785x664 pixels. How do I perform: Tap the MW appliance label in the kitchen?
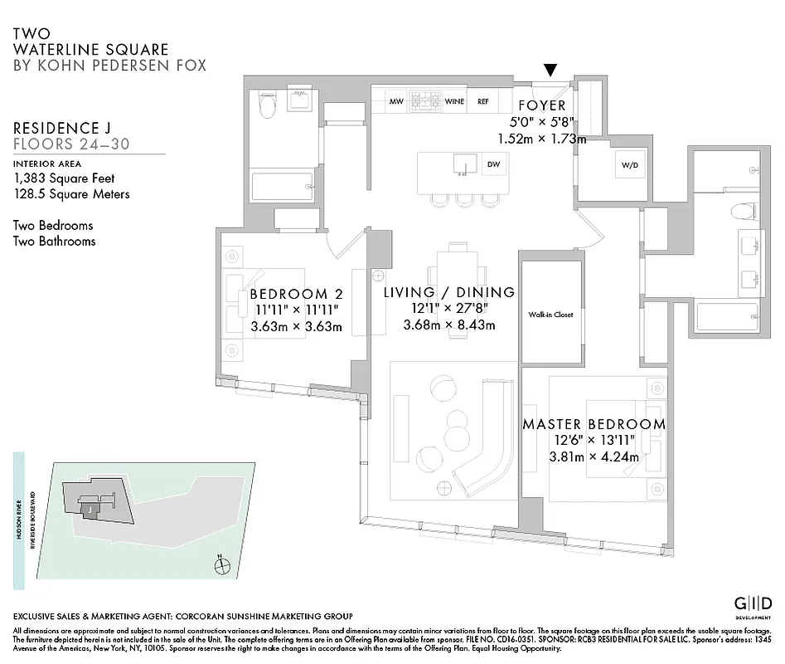395,101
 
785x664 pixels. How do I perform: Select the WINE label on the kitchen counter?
454,101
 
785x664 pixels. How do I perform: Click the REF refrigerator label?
482,101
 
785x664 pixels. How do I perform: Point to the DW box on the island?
492,164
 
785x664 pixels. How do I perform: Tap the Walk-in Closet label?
550,315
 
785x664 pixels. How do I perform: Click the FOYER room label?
541,106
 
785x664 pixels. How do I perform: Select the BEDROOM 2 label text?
296,294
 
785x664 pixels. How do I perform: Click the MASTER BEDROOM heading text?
594,424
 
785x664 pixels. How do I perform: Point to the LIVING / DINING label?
448,292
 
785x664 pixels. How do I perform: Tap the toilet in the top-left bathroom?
267,108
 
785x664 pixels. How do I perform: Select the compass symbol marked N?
221,566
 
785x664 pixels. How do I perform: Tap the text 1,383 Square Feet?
64,178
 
